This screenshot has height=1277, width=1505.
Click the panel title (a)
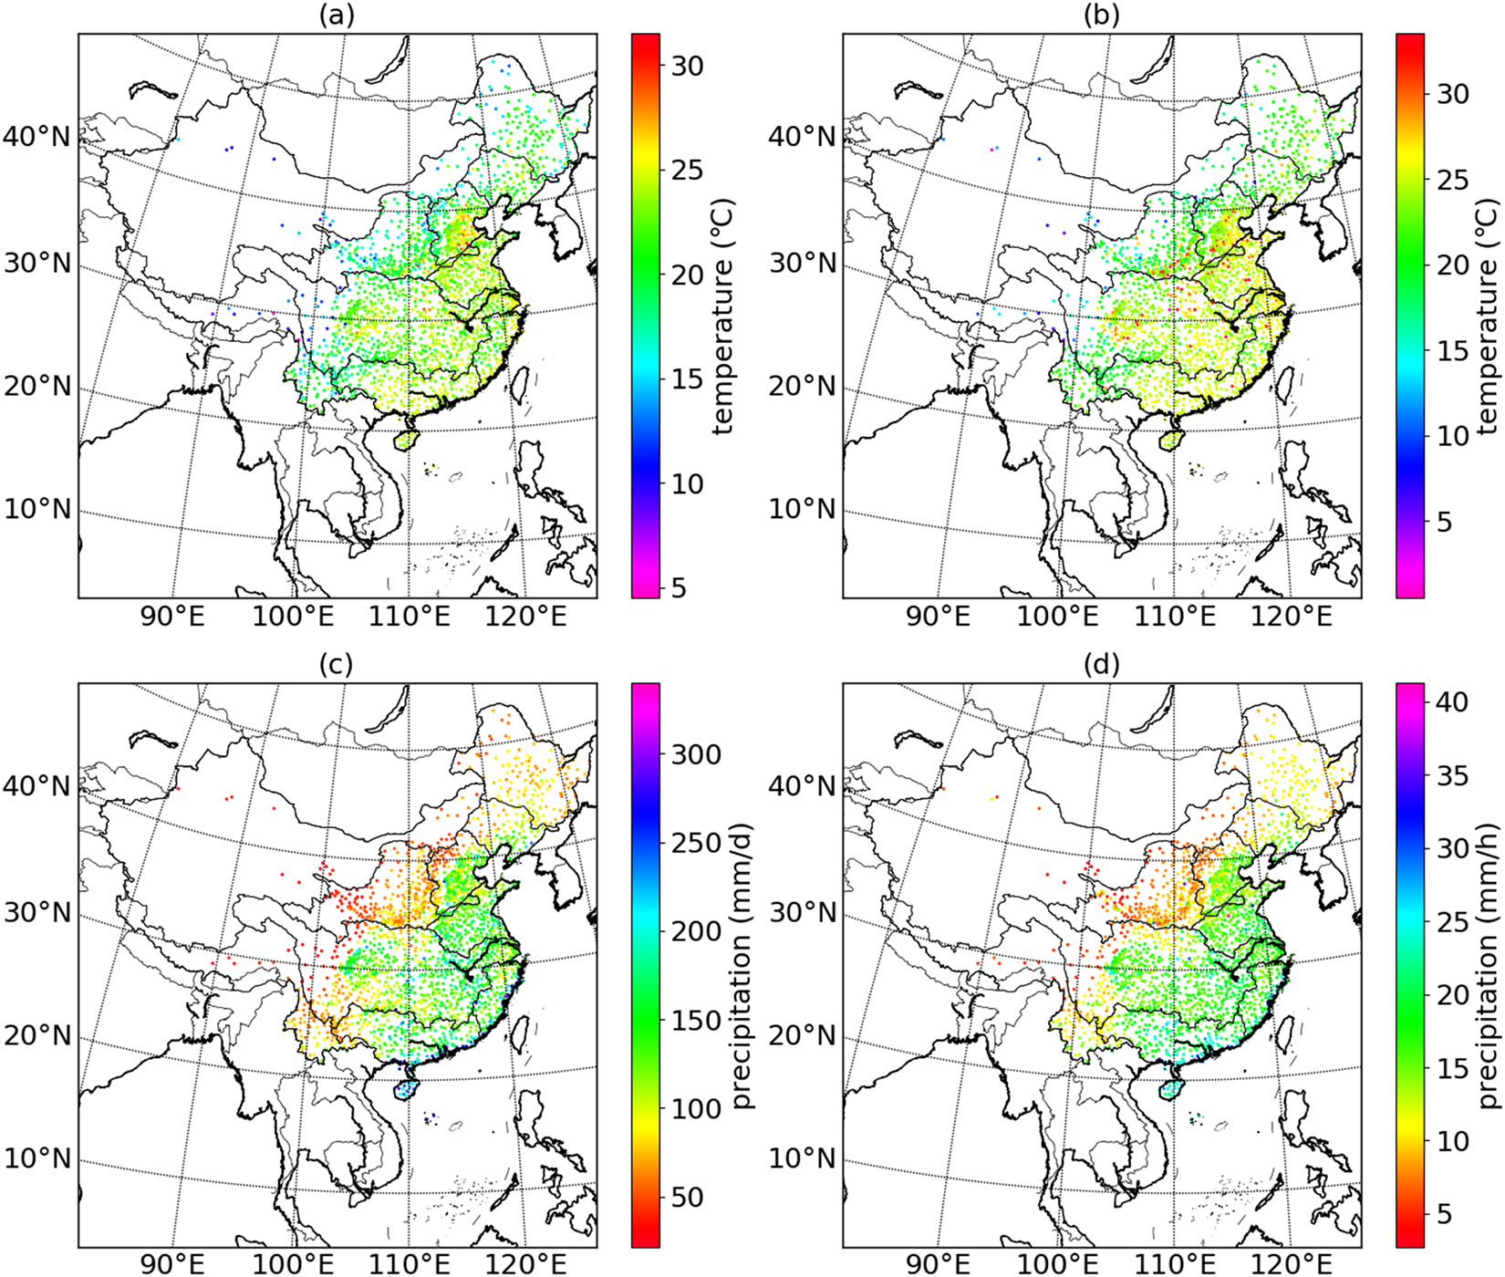tap(337, 16)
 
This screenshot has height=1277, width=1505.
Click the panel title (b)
tap(1102, 16)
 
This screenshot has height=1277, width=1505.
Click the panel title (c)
tap(337, 666)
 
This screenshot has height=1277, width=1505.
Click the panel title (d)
tap(1102, 666)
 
